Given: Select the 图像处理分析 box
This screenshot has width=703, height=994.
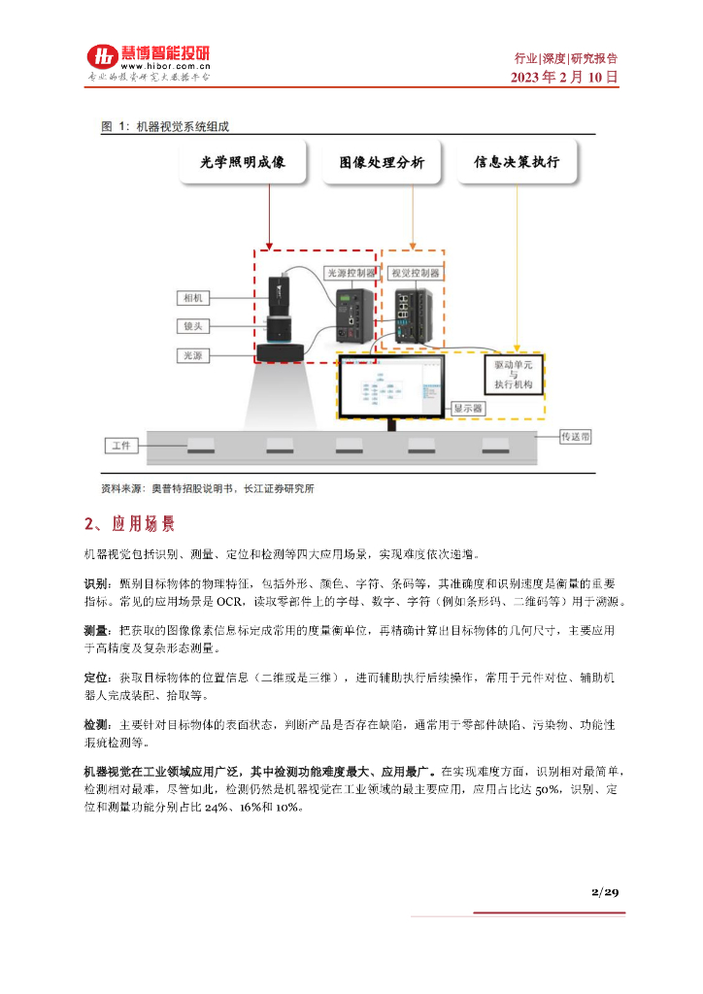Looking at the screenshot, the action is [x=382, y=162].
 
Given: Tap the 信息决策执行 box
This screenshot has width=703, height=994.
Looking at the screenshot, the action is [x=516, y=162].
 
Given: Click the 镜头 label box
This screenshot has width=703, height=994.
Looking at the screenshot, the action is [x=191, y=326].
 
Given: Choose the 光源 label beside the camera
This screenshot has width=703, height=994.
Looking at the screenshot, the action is [x=191, y=355].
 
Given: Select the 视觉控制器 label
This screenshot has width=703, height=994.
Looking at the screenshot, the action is [x=415, y=273].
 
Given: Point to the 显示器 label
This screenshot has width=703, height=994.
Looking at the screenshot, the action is [x=469, y=409].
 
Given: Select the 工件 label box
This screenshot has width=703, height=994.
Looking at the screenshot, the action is [x=121, y=445].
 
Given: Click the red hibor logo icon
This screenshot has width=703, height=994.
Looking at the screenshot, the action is [x=100, y=57].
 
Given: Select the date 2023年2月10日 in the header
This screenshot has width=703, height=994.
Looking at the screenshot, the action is [x=564, y=77].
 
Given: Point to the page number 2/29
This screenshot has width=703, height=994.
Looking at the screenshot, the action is [x=604, y=891].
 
